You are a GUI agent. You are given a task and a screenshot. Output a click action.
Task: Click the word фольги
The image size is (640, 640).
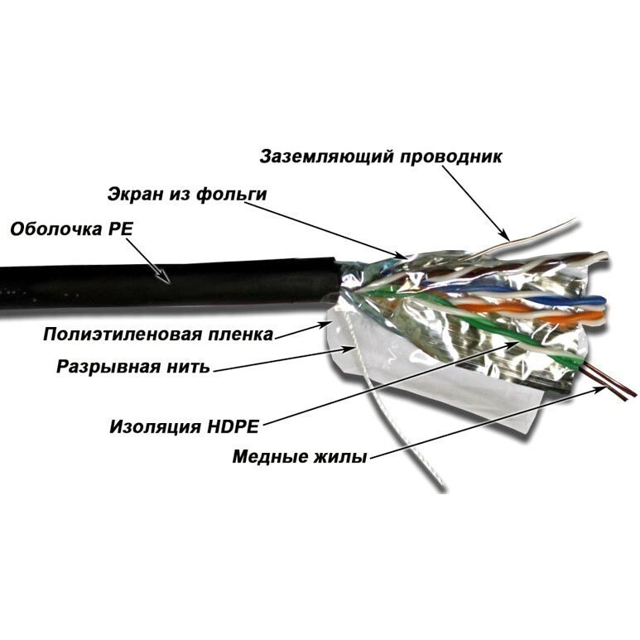(x=232, y=195)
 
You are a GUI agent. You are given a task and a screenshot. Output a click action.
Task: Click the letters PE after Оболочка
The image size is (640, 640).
(x=120, y=229)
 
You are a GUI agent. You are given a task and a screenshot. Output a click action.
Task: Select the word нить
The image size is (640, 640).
(x=189, y=368)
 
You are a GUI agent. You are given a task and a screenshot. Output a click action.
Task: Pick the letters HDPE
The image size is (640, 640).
(x=233, y=427)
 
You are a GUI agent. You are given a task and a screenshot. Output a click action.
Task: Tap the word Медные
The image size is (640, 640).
(x=268, y=457)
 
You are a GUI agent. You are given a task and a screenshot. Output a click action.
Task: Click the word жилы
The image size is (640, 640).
(x=339, y=457)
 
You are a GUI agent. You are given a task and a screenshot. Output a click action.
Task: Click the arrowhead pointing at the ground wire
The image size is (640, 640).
(x=505, y=235)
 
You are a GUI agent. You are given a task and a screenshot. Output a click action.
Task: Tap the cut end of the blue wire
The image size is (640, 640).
(x=604, y=302)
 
